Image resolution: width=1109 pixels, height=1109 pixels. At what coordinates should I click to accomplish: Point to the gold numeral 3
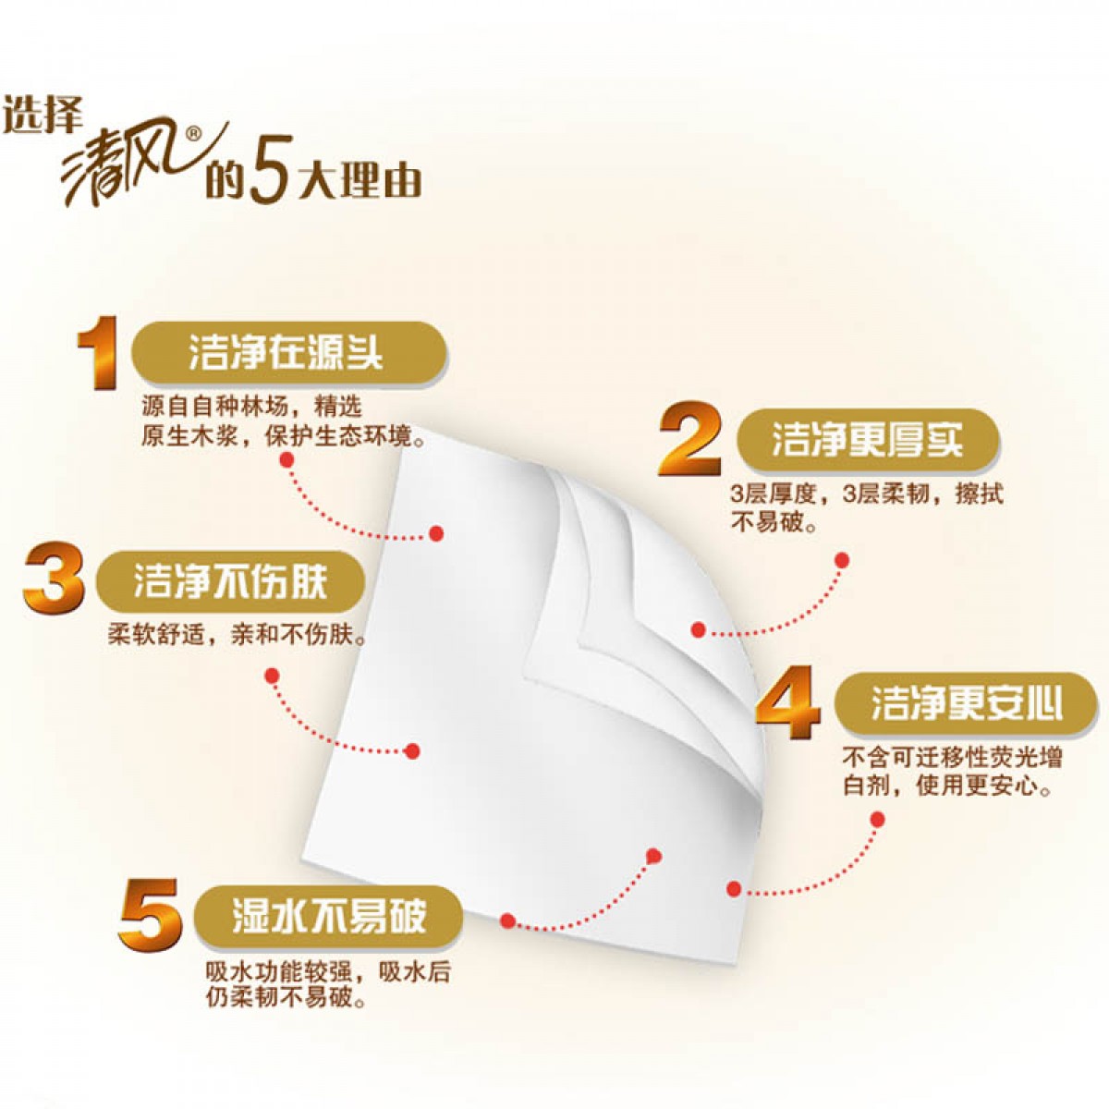pyautogui.click(x=54, y=580)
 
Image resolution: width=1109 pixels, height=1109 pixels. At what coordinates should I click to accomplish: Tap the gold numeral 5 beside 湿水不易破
pyautogui.click(x=150, y=915)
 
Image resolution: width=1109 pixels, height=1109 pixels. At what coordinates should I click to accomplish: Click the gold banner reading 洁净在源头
pyautogui.click(x=287, y=352)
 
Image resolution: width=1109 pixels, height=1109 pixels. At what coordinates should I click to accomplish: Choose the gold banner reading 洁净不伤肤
pyautogui.click(x=231, y=581)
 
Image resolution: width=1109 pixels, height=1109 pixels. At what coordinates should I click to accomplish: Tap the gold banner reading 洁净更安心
pyautogui.click(x=966, y=704)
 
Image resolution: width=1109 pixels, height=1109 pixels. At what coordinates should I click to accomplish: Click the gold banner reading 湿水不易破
pyautogui.click(x=328, y=915)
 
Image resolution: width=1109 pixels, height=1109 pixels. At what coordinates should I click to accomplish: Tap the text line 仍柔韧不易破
pyautogui.click(x=286, y=998)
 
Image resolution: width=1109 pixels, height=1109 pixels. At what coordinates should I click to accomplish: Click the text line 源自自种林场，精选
pyautogui.click(x=251, y=407)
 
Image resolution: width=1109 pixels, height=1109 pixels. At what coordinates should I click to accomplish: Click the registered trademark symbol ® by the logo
pyautogui.click(x=193, y=134)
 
